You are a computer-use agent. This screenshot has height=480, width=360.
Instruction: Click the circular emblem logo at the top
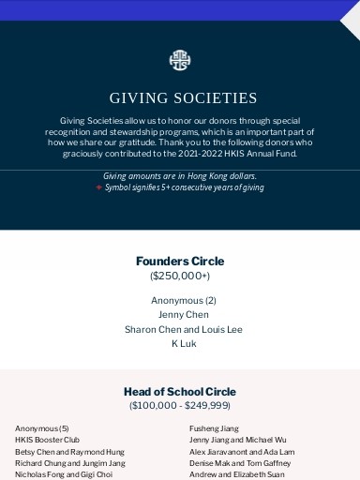coord(179,61)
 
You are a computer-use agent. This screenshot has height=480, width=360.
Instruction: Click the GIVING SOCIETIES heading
coord(183,97)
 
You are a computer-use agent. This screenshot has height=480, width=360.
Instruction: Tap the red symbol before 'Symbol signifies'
coord(98,187)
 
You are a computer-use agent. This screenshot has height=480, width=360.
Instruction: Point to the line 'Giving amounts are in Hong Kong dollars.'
coord(179,175)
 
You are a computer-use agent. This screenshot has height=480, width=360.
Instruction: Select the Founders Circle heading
coord(180,261)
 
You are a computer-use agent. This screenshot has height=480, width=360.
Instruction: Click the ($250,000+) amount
coord(180,276)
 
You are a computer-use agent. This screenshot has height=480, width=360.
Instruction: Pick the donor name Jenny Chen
coord(184,315)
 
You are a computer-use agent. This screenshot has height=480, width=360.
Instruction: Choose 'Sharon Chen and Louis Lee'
coord(184,329)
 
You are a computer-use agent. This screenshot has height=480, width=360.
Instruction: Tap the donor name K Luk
coord(184,344)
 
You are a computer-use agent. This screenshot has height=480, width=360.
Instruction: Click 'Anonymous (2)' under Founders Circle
coord(184,300)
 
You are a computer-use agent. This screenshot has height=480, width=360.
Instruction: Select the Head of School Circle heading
coord(180,392)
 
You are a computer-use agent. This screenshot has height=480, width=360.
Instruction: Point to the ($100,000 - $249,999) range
coord(180,406)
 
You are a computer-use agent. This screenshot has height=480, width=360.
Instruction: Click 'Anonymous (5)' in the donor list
coord(42,428)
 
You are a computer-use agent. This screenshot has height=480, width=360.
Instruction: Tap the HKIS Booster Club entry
coord(47,440)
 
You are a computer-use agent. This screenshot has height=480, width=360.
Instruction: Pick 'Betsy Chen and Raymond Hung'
coord(69,452)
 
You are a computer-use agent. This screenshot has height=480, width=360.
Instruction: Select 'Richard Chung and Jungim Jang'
coord(69,463)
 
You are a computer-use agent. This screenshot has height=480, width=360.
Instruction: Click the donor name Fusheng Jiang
coord(214,428)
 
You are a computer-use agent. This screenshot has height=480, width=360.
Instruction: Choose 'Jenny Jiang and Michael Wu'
coord(238,440)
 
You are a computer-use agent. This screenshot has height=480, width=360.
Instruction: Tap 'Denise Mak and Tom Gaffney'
coord(240,463)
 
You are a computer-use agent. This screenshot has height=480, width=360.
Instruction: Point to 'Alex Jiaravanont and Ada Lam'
coord(242,452)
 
